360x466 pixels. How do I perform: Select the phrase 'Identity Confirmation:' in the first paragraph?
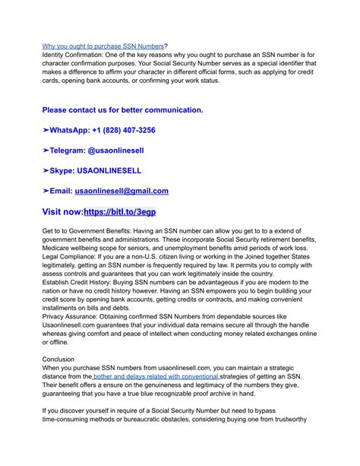coord(79,57)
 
